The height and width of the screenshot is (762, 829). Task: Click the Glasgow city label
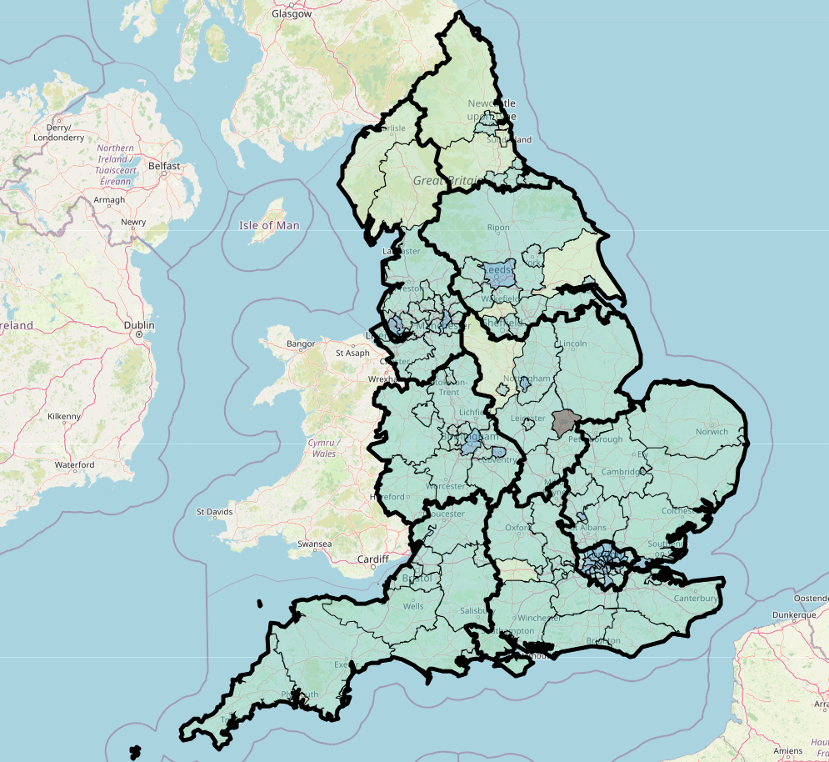point(292,14)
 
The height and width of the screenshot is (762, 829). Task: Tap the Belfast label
point(164,166)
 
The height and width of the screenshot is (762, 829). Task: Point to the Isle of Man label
point(268,225)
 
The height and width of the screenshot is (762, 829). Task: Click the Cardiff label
point(372,559)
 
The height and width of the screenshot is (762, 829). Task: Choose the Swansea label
point(314,545)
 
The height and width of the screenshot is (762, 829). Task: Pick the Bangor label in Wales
point(301,343)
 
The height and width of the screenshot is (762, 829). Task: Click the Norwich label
point(712,432)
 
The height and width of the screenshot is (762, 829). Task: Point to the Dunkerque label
point(792,615)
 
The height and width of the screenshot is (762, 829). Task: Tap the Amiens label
point(788,751)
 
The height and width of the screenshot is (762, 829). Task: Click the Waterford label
point(74,464)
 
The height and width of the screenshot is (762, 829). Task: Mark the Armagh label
point(108,200)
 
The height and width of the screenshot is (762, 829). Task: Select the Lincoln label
point(574,343)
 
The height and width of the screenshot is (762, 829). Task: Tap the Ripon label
point(498,228)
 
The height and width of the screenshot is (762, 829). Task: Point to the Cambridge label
point(620,472)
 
